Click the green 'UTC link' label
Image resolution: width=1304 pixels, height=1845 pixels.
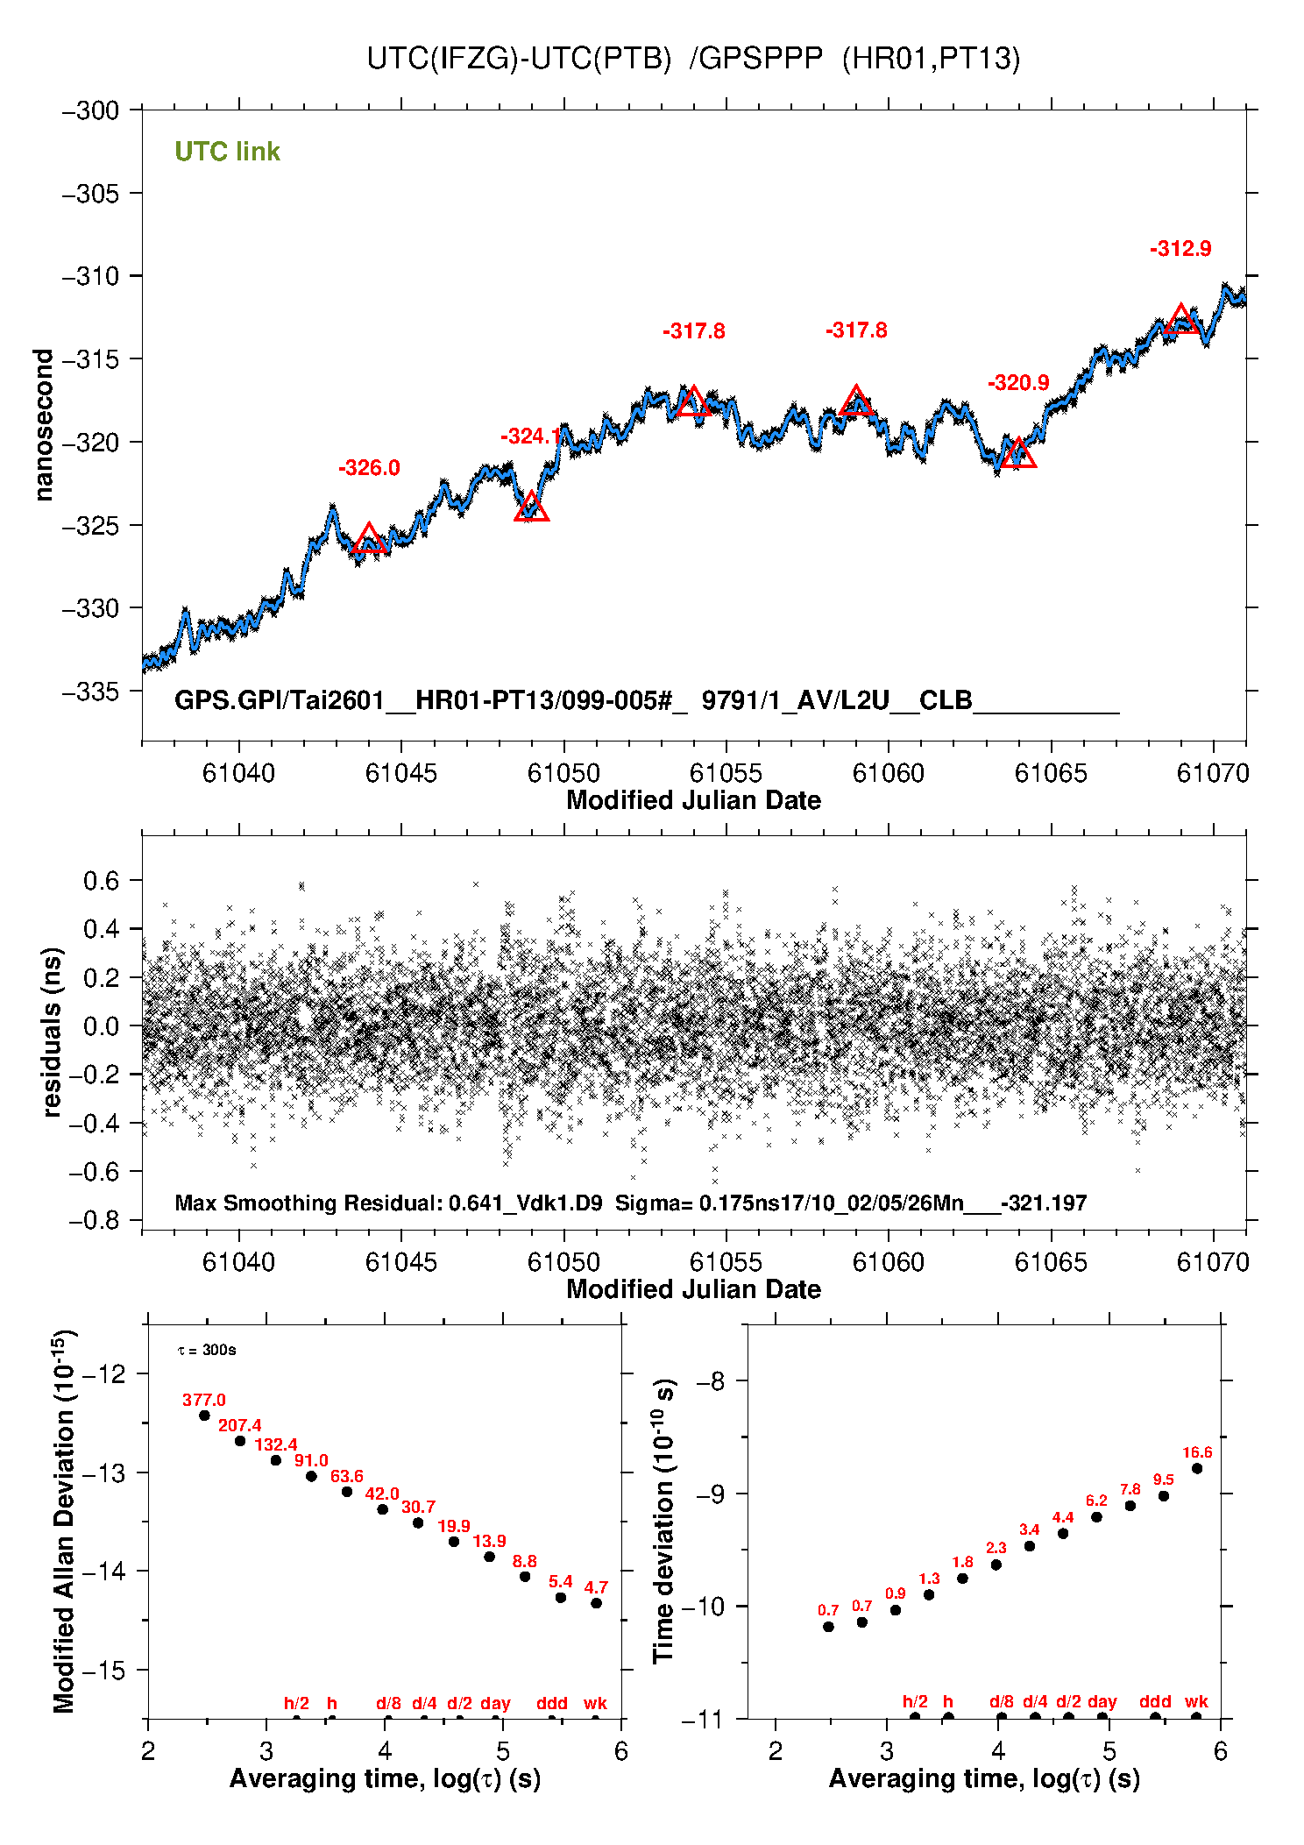pos(227,152)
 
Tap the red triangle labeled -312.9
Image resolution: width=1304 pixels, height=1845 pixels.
pos(1181,321)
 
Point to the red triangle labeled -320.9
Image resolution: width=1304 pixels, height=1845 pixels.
pos(1018,454)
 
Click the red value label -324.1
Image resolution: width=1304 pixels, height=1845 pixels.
pos(530,436)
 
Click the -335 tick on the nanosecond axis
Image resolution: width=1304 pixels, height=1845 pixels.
pos(90,692)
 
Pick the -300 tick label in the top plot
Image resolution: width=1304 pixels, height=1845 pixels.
pos(90,110)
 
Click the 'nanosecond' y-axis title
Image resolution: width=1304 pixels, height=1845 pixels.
pos(43,425)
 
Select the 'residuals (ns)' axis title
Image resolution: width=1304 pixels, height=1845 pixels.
pos(53,1032)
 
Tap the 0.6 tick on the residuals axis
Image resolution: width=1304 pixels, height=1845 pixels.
pos(101,881)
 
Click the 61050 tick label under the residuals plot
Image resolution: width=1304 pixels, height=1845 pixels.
pos(563,1262)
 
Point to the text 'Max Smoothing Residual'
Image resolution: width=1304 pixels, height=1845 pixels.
pos(306,1203)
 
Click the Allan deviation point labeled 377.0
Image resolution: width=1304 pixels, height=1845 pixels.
pos(204,1416)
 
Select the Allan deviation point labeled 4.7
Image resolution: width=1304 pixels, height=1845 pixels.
pos(596,1603)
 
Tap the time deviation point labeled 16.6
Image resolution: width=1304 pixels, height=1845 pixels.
pos(1197,1468)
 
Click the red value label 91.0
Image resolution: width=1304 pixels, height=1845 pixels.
pos(311,1460)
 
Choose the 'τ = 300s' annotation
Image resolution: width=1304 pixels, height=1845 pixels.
pos(207,1350)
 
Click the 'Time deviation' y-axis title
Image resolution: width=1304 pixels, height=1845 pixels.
pos(663,1521)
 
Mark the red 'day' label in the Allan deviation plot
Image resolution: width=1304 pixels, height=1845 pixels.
pos(495,1703)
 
